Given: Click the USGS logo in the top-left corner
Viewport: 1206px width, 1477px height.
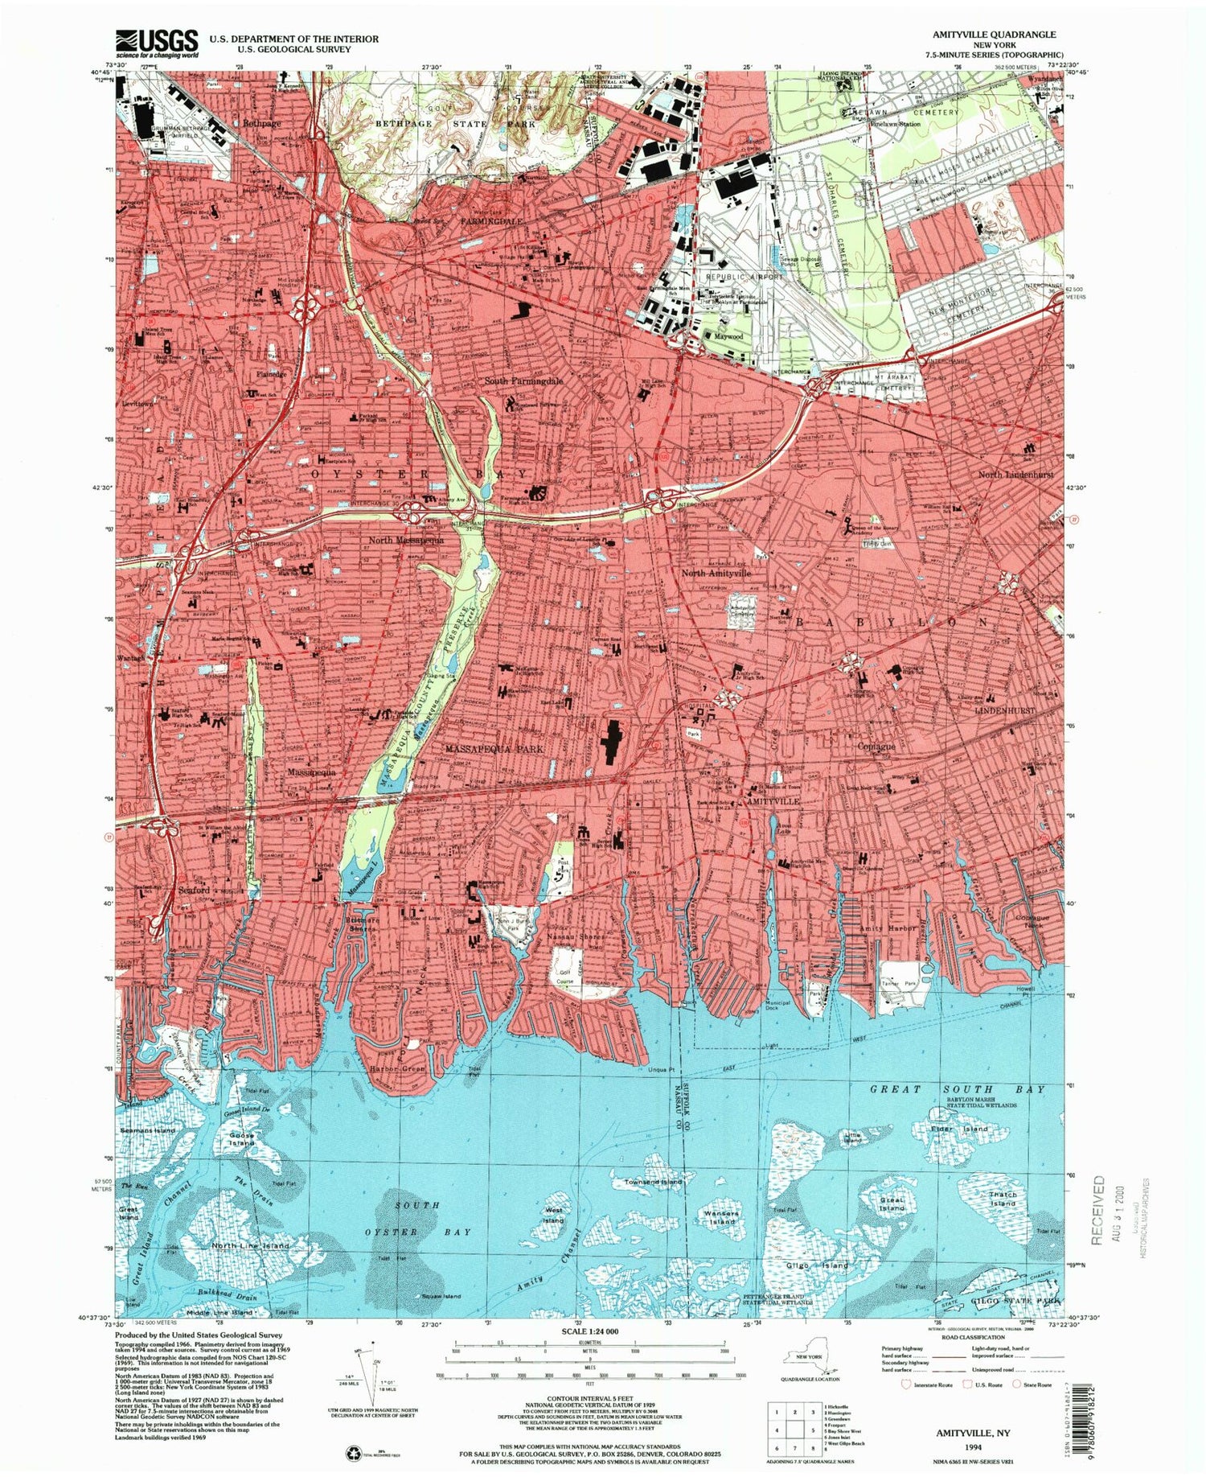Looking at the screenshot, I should coord(157,43).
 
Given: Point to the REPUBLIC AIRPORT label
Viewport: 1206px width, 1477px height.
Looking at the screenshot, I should coord(744,276).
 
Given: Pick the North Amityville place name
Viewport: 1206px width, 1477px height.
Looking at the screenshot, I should coord(716,574).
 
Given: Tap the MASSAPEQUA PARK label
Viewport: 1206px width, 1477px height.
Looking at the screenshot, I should coord(494,749).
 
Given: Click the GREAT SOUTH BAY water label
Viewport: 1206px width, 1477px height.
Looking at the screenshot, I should coord(958,1089).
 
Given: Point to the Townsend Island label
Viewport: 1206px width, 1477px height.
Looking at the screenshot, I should coord(653,1182).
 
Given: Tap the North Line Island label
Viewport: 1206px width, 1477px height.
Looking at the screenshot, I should coord(250,1245).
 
